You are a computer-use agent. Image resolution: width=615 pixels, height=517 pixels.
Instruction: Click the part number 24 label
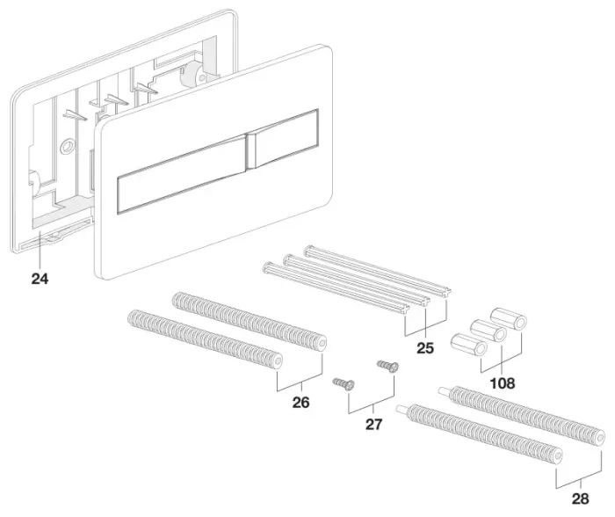click(40, 279)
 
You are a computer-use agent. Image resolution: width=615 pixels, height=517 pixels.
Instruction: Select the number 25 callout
click(425, 348)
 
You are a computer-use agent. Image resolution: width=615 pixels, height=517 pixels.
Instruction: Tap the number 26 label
click(300, 403)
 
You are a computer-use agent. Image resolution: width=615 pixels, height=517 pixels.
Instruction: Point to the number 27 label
click(373, 425)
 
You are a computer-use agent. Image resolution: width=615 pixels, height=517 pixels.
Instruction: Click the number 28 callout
click(580, 499)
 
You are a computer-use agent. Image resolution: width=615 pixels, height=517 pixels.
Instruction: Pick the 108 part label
click(503, 383)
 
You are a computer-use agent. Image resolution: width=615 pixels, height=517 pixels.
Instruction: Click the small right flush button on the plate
click(282, 138)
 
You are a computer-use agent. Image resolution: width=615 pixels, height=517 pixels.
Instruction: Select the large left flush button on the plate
click(181, 174)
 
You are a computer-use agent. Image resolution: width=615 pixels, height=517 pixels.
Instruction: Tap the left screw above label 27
click(344, 384)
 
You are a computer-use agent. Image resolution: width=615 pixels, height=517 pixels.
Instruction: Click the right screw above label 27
click(388, 367)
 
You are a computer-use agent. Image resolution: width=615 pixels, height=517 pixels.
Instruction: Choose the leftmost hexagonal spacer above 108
click(469, 345)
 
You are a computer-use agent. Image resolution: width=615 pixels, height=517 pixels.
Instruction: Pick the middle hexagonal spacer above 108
click(488, 331)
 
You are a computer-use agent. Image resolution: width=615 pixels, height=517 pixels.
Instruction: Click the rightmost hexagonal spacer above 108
click(509, 318)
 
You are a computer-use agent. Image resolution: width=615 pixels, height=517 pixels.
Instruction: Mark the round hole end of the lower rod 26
click(278, 360)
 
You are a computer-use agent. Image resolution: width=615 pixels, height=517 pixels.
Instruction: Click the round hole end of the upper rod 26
click(322, 343)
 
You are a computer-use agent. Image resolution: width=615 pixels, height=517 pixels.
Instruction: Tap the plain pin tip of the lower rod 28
click(401, 409)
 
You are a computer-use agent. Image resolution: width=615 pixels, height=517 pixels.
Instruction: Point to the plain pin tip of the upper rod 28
click(444, 390)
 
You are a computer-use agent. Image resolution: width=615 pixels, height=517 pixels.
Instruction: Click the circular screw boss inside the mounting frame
click(67, 147)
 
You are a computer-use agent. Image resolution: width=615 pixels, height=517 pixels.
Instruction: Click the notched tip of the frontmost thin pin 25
click(406, 309)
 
